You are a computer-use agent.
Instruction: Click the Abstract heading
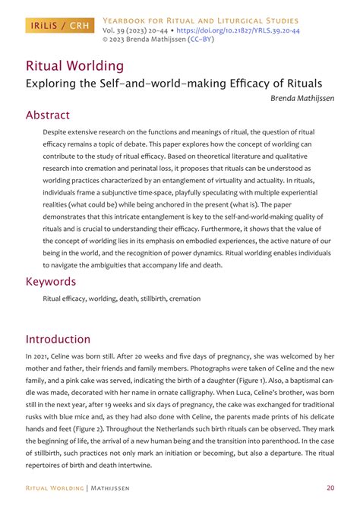click(x=48, y=115)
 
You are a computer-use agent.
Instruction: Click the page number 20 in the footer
click(x=330, y=488)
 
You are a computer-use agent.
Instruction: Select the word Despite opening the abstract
click(x=57, y=132)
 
